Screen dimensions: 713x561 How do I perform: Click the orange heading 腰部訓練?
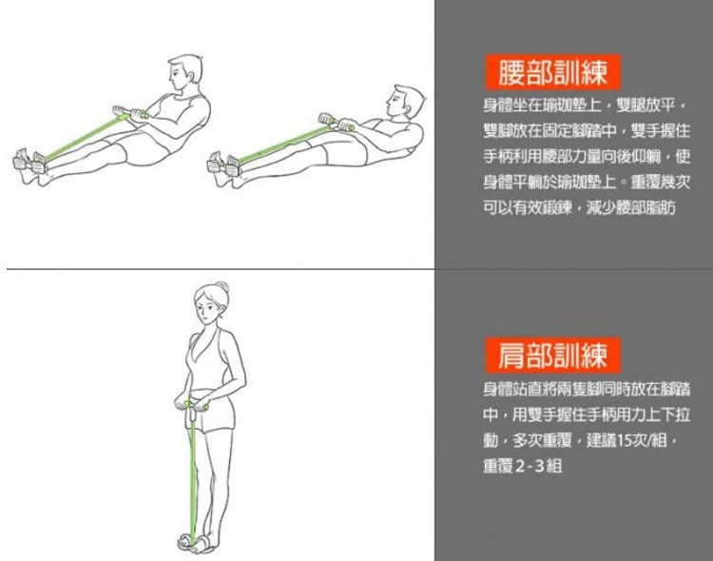(552, 72)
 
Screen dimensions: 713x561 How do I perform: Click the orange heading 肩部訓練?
(552, 355)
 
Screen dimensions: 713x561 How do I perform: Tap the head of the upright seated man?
(185, 74)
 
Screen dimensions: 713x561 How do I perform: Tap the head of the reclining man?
(405, 104)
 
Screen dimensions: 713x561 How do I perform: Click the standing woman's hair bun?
(222, 287)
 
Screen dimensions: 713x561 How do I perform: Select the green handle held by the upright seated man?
(131, 113)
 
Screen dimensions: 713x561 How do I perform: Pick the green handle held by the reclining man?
(337, 123)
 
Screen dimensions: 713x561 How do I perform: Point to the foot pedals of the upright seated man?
(31, 162)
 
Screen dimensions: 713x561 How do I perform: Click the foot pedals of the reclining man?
(224, 164)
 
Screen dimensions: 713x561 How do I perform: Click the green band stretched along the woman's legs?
(193, 474)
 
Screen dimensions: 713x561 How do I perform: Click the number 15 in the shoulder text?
(626, 440)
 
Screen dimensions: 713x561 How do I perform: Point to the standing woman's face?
(207, 310)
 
